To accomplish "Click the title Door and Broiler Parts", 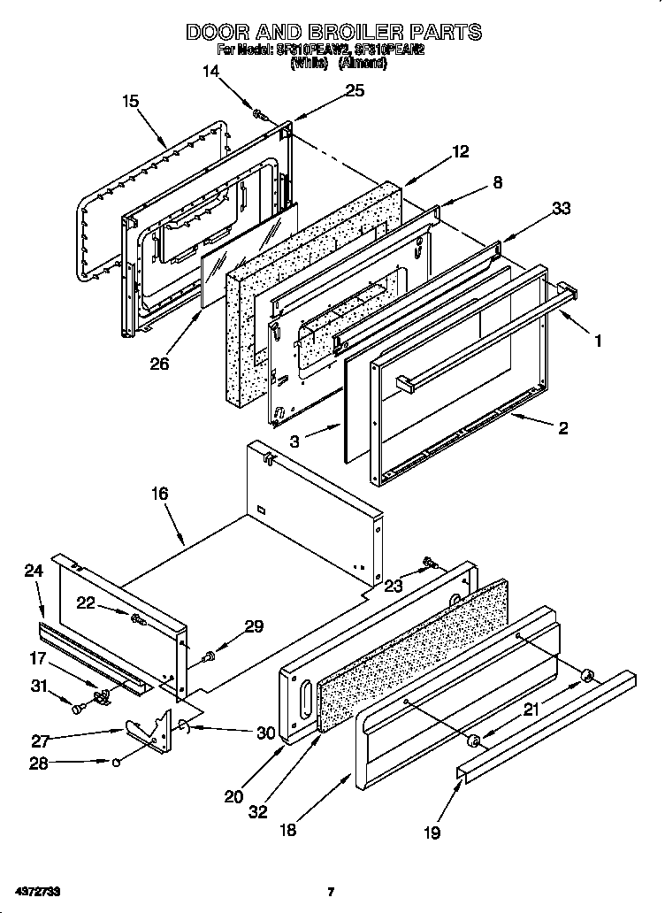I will (x=333, y=32).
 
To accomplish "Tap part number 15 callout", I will (x=130, y=102).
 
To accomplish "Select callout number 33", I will (x=561, y=209).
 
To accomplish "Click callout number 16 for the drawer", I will (x=159, y=494).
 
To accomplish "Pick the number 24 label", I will (x=34, y=572).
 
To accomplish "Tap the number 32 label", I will (x=258, y=812).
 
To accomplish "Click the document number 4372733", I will (x=37, y=891).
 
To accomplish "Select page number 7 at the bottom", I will (x=330, y=892).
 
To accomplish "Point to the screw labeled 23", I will (x=431, y=562).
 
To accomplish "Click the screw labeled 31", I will (x=80, y=707).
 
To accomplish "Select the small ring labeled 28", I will (x=116, y=761).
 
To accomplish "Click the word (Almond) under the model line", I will (x=363, y=64).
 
